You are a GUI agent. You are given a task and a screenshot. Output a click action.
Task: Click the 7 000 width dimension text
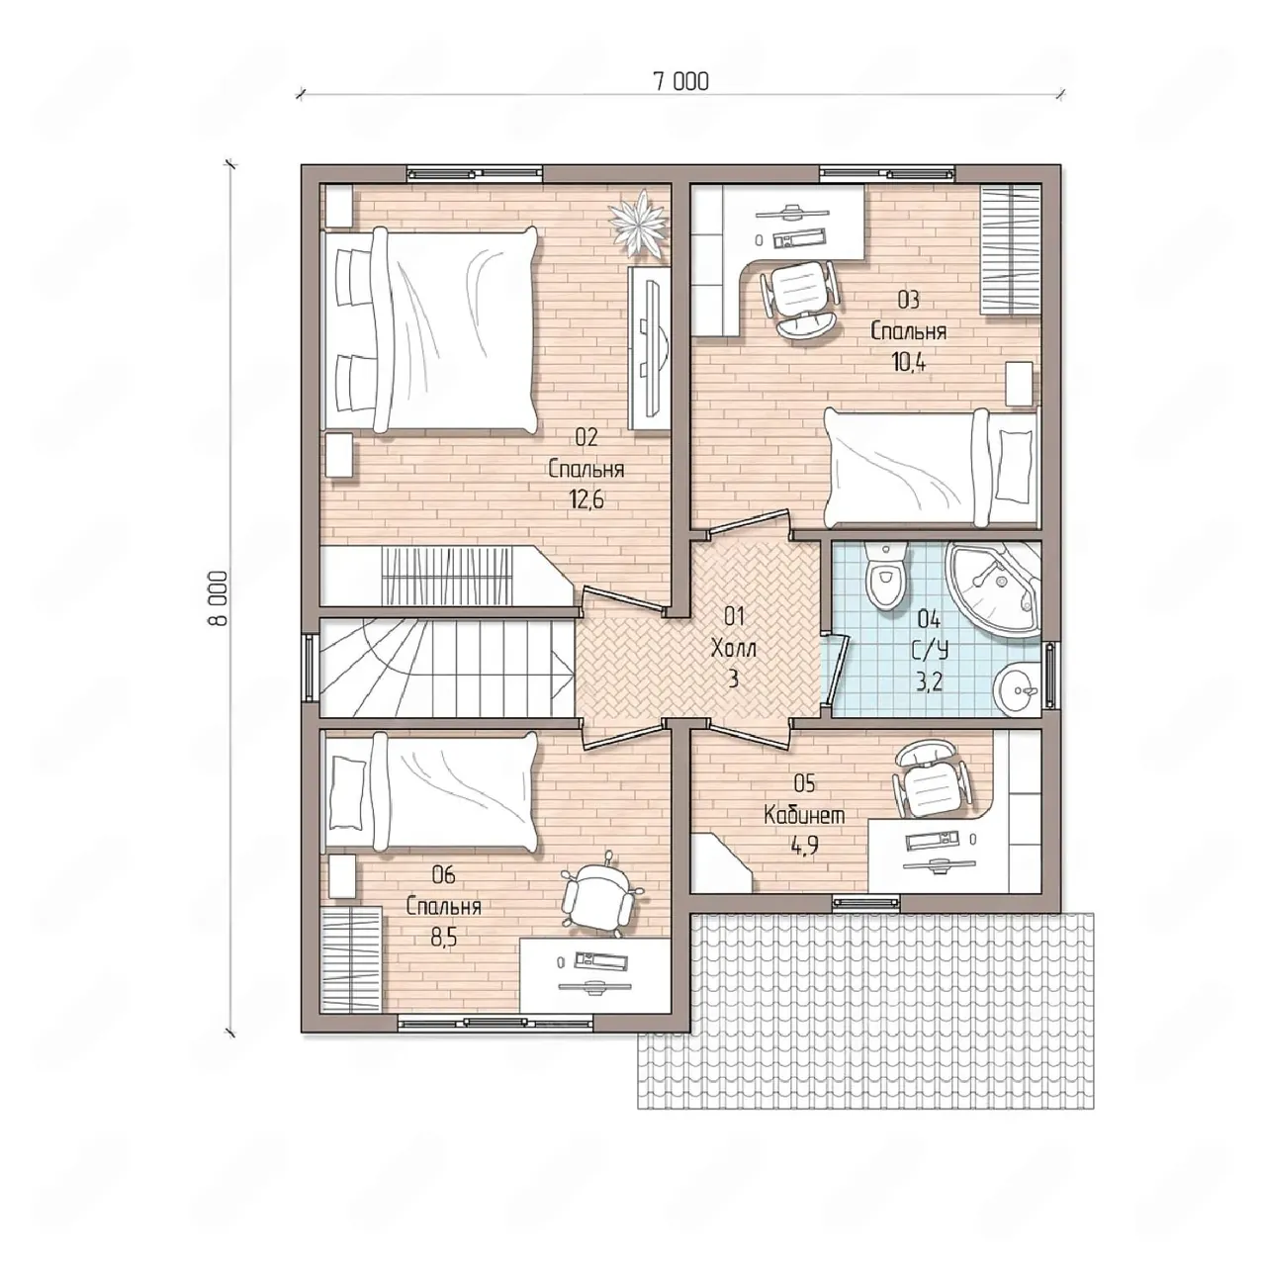pyautogui.click(x=680, y=81)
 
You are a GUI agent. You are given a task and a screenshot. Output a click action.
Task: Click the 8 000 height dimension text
pyautogui.click(x=220, y=597)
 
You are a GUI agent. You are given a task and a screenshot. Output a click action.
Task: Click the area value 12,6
pyautogui.click(x=587, y=499)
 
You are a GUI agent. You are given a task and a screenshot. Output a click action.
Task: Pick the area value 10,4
pyautogui.click(x=909, y=362)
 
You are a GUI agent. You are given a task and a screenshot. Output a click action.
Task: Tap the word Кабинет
pyautogui.click(x=804, y=815)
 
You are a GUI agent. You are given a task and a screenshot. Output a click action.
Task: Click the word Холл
pyautogui.click(x=734, y=649)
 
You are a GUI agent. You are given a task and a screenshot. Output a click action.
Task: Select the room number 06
pyautogui.click(x=443, y=875)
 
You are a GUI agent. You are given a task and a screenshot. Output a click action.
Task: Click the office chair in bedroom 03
pyautogui.click(x=799, y=298)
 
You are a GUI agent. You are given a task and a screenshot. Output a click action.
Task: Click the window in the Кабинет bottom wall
pyautogui.click(x=866, y=903)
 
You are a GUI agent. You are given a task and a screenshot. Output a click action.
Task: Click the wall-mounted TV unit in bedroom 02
pyautogui.click(x=650, y=348)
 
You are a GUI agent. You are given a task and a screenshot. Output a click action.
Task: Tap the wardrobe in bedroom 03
pyautogui.click(x=1011, y=249)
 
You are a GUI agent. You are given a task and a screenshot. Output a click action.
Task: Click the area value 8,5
pyautogui.click(x=443, y=938)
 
